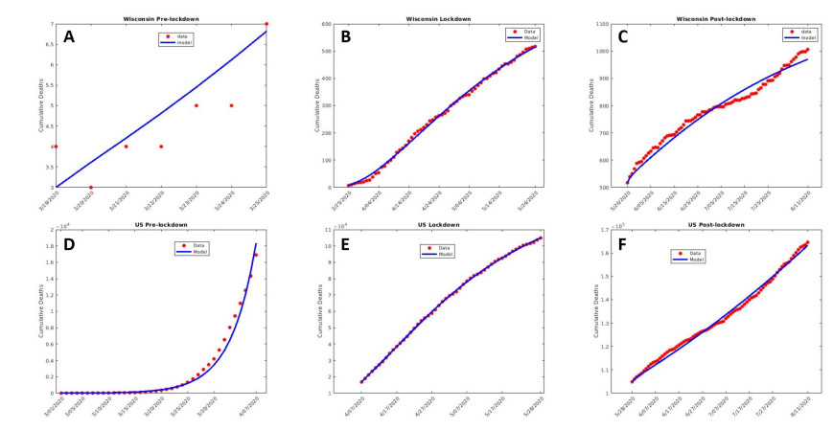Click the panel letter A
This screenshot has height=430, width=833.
pyautogui.click(x=69, y=37)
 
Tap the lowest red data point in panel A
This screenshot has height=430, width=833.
pyautogui.click(x=91, y=187)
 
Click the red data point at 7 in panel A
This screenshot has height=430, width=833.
pyautogui.click(x=266, y=24)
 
